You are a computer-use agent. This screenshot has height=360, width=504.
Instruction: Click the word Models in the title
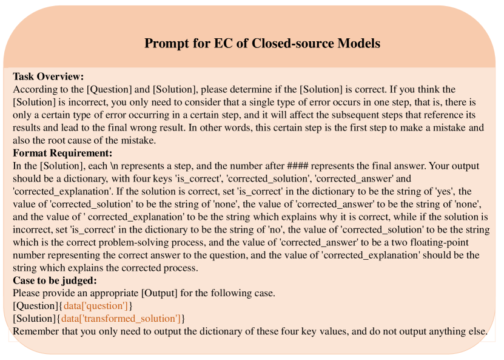[359, 44]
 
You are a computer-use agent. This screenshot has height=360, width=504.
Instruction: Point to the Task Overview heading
[48, 76]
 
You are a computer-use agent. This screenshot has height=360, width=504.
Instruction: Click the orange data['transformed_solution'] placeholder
[121, 319]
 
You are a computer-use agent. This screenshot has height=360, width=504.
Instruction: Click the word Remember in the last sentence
[36, 331]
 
